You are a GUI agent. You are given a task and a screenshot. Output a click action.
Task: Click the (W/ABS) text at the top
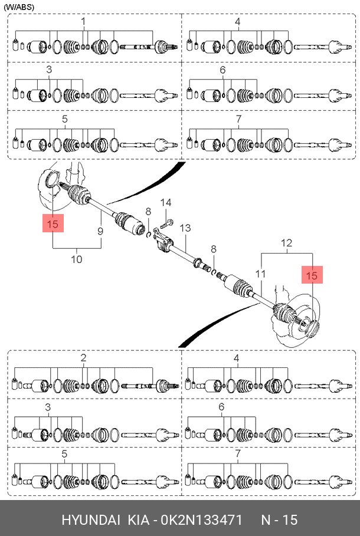click(x=19, y=7)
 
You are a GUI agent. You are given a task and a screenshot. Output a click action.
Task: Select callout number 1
click(x=83, y=22)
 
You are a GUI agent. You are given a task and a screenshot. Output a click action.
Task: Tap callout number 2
click(x=83, y=358)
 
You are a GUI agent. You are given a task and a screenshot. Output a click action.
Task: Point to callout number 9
click(x=100, y=231)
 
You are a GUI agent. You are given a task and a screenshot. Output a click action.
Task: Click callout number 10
click(x=77, y=259)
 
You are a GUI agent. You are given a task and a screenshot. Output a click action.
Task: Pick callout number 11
click(x=260, y=274)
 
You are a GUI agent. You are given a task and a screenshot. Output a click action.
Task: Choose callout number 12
click(x=287, y=243)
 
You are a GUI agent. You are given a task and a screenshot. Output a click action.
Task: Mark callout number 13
click(x=185, y=228)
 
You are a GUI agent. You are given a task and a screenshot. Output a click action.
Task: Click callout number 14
click(x=166, y=202)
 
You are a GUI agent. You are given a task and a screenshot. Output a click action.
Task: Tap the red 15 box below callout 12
click(x=312, y=275)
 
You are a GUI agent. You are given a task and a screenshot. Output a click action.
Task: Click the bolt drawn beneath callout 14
click(x=166, y=224)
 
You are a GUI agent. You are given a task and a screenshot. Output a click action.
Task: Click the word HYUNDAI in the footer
click(x=91, y=520)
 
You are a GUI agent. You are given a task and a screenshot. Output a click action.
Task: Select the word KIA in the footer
click(x=139, y=520)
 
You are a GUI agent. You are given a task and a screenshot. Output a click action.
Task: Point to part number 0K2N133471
click(x=202, y=520)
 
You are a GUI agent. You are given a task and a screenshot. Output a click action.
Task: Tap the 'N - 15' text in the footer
click(x=280, y=520)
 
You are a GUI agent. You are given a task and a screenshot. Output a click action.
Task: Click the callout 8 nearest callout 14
click(x=148, y=212)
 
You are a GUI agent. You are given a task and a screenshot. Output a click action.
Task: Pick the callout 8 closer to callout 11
click(x=214, y=249)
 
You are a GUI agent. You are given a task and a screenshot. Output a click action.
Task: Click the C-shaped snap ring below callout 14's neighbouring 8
click(x=149, y=234)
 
